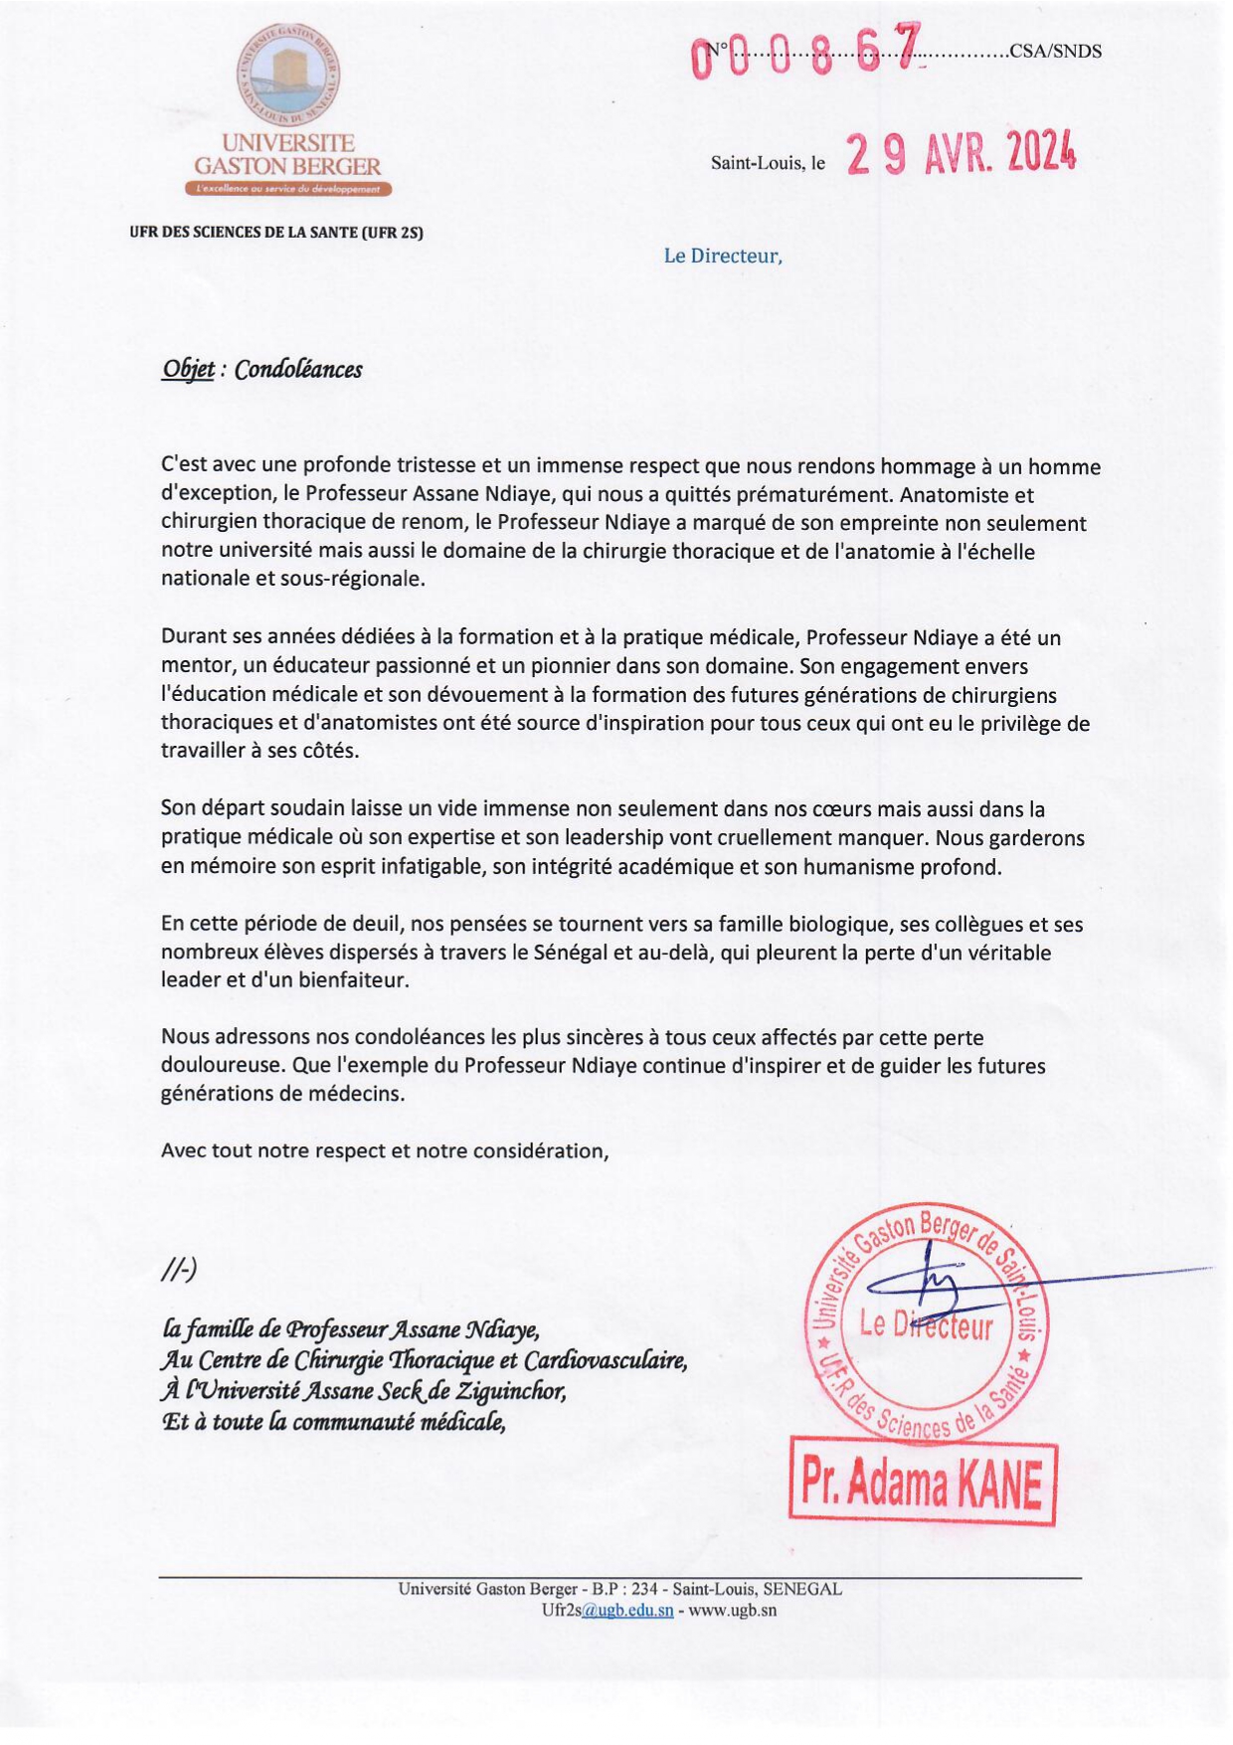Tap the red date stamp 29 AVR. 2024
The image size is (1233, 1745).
click(961, 154)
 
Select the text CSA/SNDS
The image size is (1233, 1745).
click(1055, 52)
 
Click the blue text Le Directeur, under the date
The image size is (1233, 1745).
click(723, 256)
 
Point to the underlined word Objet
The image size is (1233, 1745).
click(188, 370)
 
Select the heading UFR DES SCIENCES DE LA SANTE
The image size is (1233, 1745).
click(276, 233)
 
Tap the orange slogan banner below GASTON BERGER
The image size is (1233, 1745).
click(288, 189)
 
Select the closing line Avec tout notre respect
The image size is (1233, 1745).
click(384, 1150)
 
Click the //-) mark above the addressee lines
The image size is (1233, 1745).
click(179, 1270)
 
